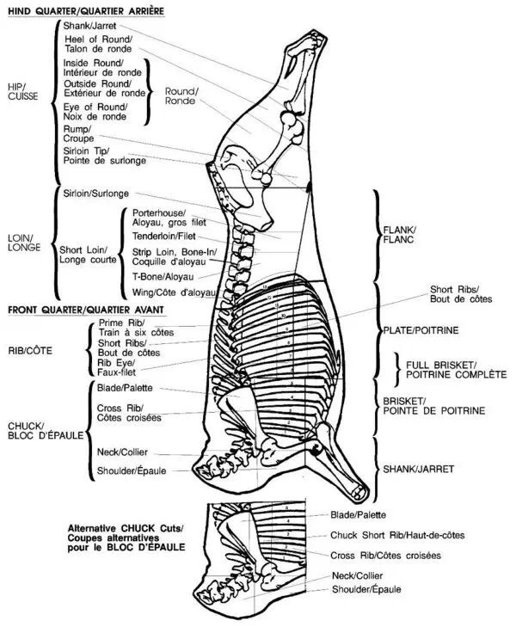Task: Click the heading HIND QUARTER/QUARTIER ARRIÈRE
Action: tap(85, 11)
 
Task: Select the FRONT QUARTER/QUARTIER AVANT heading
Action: tap(85, 308)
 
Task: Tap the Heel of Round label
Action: tap(97, 44)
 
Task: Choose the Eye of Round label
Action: tap(95, 111)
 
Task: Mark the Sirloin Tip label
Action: tap(104, 156)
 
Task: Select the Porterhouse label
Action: tap(169, 216)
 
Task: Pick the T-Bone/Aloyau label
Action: tap(163, 277)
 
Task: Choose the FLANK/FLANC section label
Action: tap(398, 235)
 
